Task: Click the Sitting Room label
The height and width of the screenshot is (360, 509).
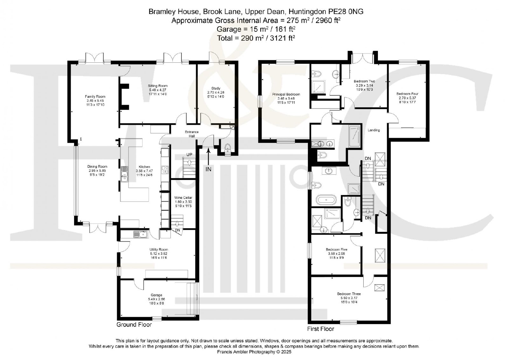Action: [x=157, y=86]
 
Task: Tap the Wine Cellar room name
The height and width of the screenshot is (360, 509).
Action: [x=183, y=198]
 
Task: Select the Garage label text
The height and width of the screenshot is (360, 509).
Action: [x=156, y=295]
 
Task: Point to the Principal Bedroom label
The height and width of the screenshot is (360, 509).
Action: [x=286, y=95]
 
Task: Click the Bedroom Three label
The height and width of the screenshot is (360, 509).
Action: [x=349, y=293]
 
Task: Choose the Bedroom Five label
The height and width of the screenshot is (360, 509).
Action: [x=336, y=249]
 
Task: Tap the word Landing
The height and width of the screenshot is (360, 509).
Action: [x=374, y=130]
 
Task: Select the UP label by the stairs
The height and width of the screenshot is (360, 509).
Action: [x=189, y=155]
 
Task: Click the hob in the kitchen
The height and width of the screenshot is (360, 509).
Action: [x=165, y=170]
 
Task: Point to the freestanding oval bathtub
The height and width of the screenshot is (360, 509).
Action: [x=326, y=200]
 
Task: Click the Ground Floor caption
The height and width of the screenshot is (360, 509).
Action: [x=134, y=325]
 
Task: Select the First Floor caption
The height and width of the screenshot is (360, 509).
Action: [x=321, y=329]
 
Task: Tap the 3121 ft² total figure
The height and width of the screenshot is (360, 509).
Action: [x=282, y=38]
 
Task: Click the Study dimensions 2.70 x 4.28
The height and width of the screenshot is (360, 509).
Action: [x=216, y=92]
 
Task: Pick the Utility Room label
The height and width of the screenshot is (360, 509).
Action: [x=159, y=250]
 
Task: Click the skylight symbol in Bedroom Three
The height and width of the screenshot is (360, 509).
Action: [x=380, y=288]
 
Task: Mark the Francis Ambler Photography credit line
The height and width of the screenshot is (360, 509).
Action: [x=254, y=352]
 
